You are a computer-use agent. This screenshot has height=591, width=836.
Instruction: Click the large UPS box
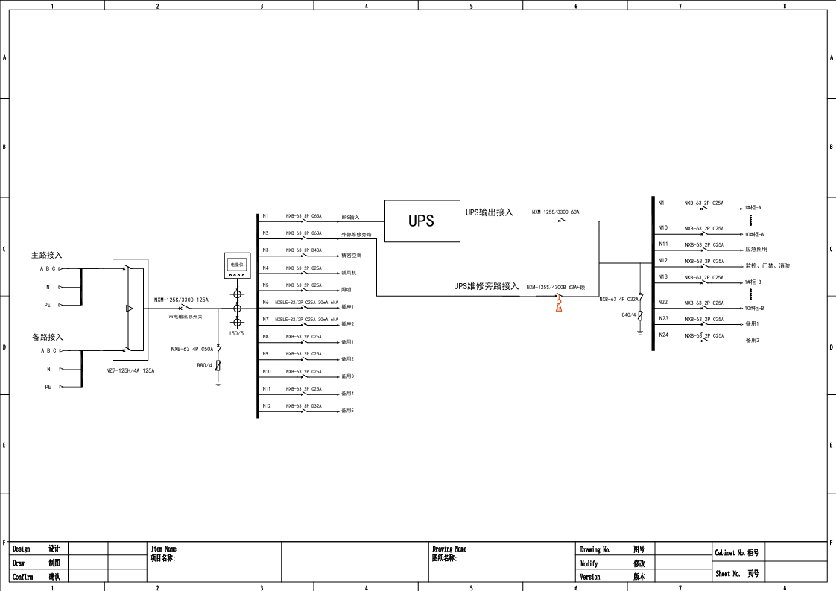[422, 221]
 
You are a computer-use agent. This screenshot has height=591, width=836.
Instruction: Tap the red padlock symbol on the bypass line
[559, 304]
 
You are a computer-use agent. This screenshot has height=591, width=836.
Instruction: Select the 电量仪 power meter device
[236, 265]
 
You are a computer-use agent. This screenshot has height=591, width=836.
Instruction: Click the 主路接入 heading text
[46, 255]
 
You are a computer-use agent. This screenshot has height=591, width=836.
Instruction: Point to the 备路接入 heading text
[48, 337]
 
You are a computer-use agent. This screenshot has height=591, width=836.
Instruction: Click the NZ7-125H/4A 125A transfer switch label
[130, 370]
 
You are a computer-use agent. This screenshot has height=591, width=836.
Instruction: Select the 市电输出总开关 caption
[186, 317]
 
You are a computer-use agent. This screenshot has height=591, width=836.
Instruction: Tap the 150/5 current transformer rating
[236, 333]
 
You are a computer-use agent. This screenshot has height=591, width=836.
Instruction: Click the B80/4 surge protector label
[205, 365]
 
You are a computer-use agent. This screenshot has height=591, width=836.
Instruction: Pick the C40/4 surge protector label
[629, 315]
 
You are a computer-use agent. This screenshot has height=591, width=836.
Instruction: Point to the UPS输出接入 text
[490, 212]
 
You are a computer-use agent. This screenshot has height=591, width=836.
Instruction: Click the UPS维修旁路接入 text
[486, 286]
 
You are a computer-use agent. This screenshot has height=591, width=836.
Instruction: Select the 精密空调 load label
[352, 256]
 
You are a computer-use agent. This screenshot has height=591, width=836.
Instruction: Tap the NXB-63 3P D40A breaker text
[303, 250]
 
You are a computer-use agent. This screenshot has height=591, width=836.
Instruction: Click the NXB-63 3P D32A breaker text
[303, 406]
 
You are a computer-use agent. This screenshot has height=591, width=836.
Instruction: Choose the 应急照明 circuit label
[756, 250]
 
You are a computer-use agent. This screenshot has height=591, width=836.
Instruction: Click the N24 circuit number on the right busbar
[662, 335]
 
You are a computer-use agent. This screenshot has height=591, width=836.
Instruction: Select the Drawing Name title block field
[449, 549]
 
